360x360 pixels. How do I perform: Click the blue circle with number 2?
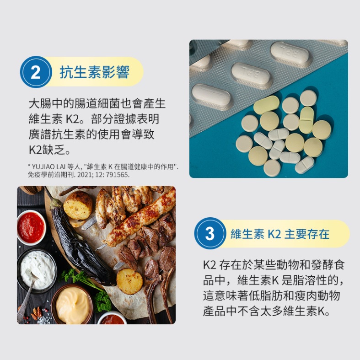click(x=36, y=72)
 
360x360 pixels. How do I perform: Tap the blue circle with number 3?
click(x=210, y=233)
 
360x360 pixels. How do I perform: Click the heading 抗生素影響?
click(x=94, y=72)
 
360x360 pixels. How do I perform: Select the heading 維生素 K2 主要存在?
click(x=280, y=234)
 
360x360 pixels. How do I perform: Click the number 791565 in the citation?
click(x=117, y=175)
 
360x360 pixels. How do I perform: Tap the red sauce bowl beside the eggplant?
click(x=31, y=227)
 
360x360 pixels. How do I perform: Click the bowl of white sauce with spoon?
click(x=37, y=270)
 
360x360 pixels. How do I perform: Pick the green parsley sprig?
click(x=90, y=289)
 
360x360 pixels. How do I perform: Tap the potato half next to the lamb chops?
click(x=130, y=281)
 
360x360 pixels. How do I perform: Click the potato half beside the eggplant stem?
click(x=78, y=205)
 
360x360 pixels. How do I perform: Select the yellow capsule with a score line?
click(x=306, y=120)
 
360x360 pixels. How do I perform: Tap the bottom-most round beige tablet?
click(x=272, y=168)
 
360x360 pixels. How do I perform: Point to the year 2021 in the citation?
click(x=85, y=175)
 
